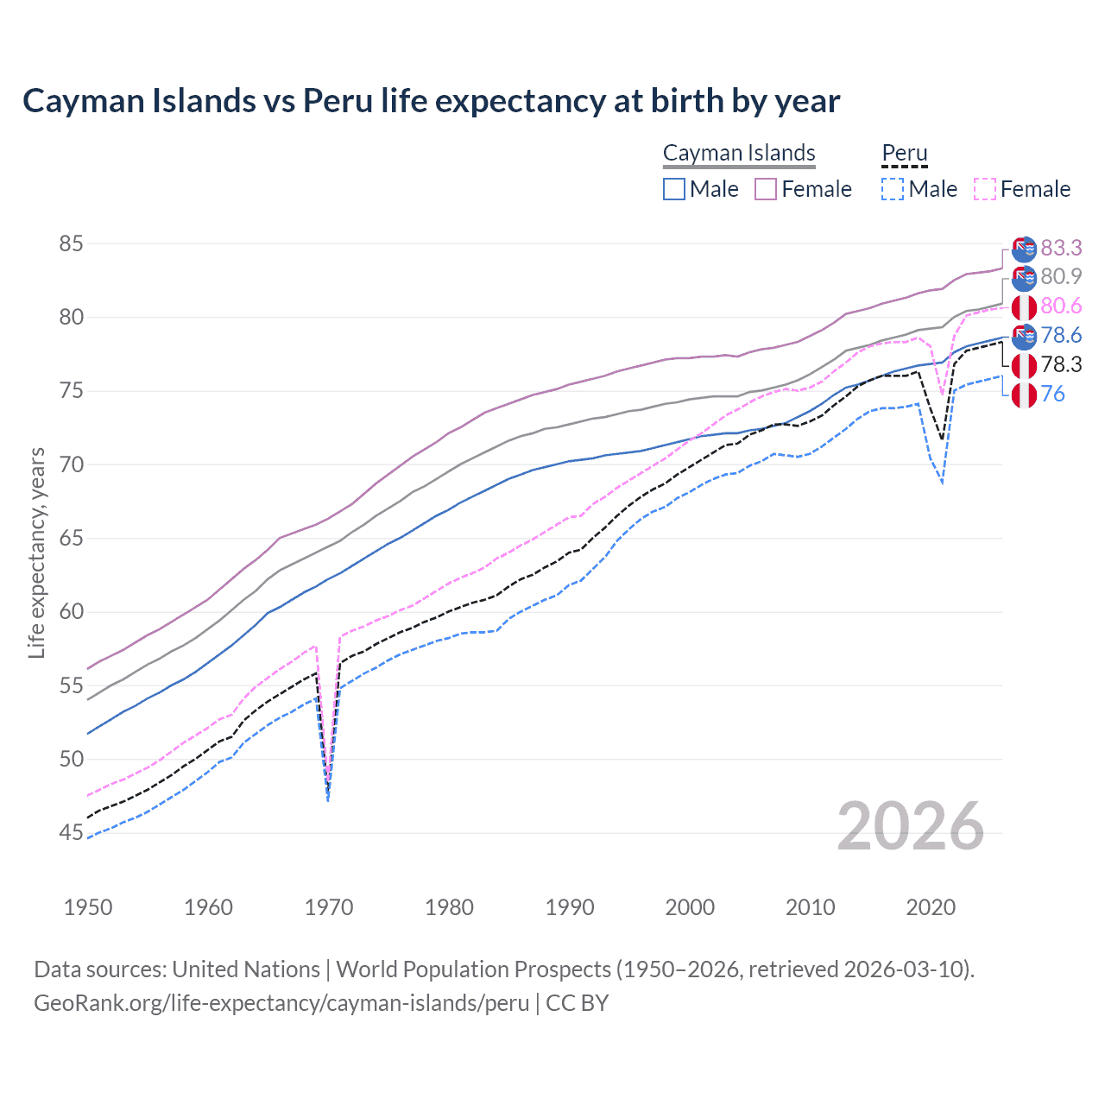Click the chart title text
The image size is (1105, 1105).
coord(431,101)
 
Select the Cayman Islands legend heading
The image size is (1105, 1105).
coord(739,153)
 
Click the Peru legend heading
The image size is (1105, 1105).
coord(904,153)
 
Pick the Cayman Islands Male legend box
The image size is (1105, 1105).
coord(674,189)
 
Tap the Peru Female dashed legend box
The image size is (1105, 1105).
coord(985,189)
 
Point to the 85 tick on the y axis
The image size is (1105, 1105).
coord(71,244)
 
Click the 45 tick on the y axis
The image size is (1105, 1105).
coord(71,833)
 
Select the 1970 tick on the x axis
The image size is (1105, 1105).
coord(329,907)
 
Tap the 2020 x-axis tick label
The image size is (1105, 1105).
coord(931,907)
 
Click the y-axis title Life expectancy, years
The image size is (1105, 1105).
coord(36,552)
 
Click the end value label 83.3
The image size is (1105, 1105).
coord(1061,249)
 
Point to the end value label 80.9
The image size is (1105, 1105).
coord(1061,277)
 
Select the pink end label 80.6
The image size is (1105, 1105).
coord(1061,306)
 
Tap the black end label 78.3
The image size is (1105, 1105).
coord(1061,365)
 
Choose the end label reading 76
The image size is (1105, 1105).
coord(1053,395)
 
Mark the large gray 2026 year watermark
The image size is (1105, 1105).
coord(910,826)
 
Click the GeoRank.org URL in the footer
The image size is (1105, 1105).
coord(281,1003)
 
